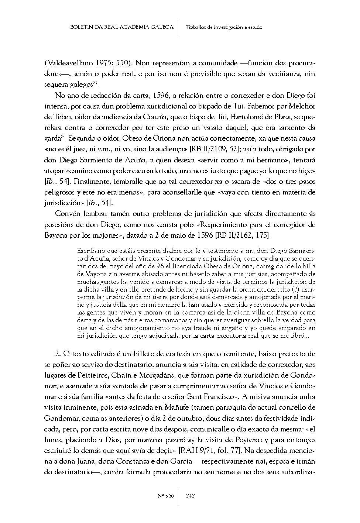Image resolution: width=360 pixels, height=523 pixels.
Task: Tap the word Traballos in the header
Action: pos(196,27)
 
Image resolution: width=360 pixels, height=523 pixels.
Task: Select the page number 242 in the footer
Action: pos(191,496)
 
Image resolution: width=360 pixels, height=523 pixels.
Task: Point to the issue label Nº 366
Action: pos(165,496)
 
